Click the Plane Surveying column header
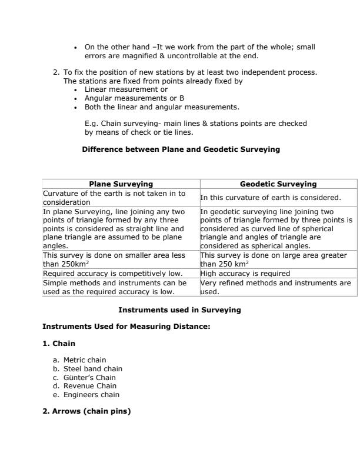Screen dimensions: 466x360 pyautogui.click(x=121, y=184)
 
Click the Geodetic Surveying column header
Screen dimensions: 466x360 pyautogui.click(x=278, y=184)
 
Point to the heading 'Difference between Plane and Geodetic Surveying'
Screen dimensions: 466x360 pyautogui.click(x=181, y=149)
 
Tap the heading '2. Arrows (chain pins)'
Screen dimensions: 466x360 pyautogui.click(x=86, y=411)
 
